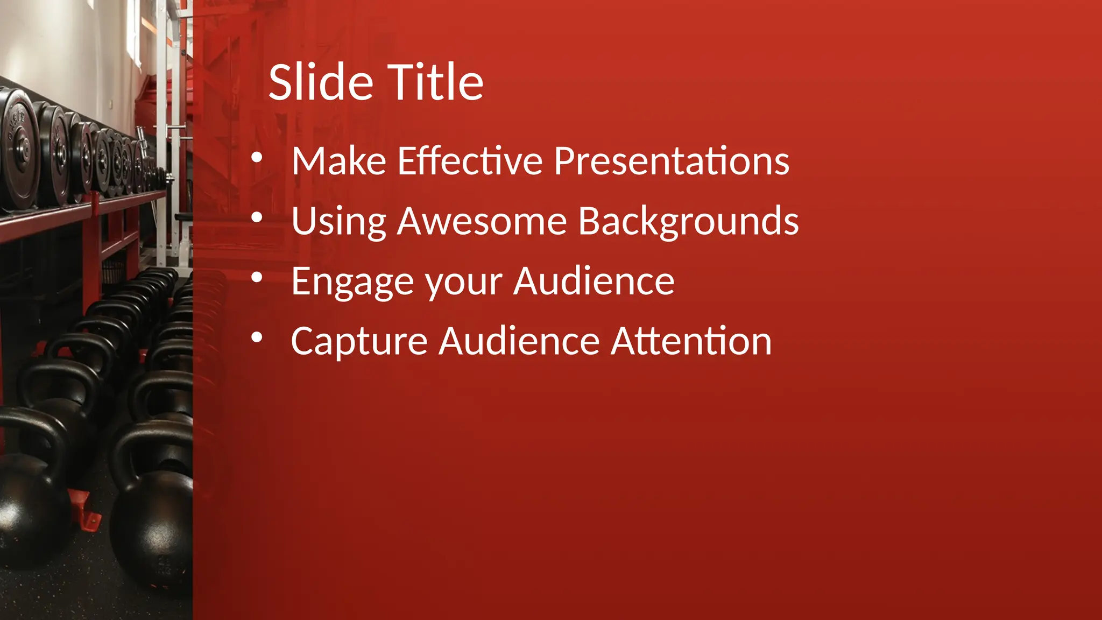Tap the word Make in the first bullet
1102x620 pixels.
pyautogui.click(x=338, y=161)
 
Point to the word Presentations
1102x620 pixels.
pyautogui.click(x=671, y=161)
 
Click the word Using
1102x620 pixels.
pyautogui.click(x=338, y=222)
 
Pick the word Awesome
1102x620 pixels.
pyautogui.click(x=482, y=221)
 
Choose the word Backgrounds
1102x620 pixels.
pyautogui.click(x=688, y=222)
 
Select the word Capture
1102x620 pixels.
pyautogui.click(x=359, y=342)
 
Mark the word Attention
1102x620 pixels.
pyautogui.click(x=691, y=341)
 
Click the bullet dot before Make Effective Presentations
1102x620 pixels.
pyautogui.click(x=257, y=158)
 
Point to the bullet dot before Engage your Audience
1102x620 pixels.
pyautogui.click(x=257, y=278)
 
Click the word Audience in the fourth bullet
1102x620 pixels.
pyautogui.click(x=519, y=341)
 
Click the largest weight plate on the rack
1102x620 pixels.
pyautogui.click(x=19, y=148)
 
